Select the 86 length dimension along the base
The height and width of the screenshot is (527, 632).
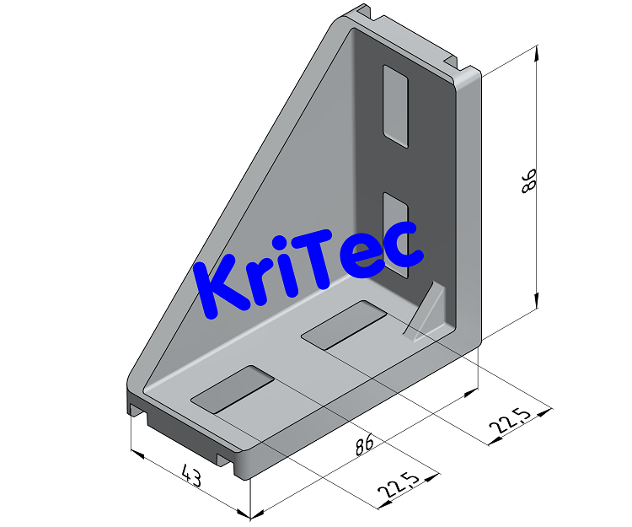tap(364, 445)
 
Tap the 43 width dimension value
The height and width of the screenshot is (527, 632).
tap(191, 478)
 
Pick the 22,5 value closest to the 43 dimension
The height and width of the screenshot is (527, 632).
tap(398, 487)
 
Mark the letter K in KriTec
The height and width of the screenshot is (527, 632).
tap(221, 289)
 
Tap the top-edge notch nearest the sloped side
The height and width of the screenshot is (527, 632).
tap(367, 13)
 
